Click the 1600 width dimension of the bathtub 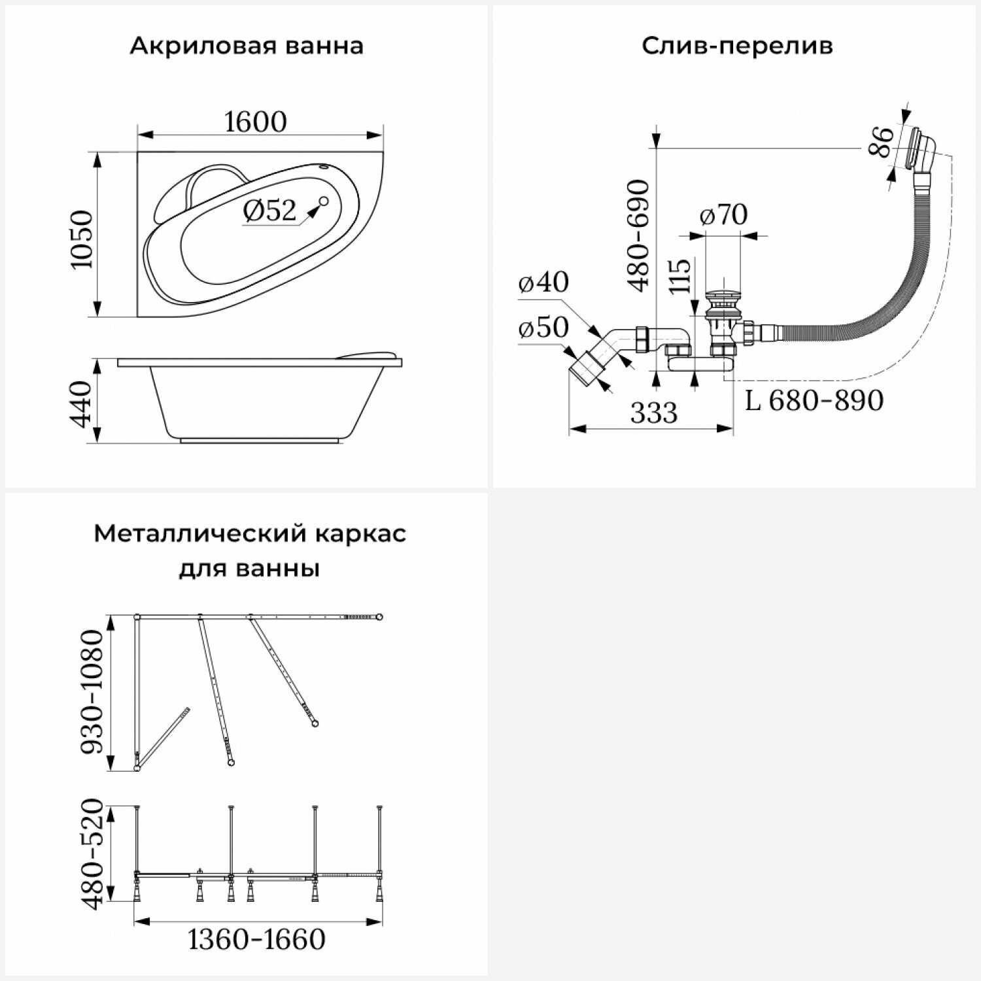coord(256,122)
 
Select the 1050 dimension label coord(82,239)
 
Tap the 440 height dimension coord(82,404)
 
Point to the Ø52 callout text coord(270,210)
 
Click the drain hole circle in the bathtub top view coord(323,201)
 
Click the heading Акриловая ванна coord(247,46)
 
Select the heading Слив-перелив coord(737,46)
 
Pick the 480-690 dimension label coord(639,235)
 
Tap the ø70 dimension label coord(723,215)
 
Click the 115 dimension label coord(681,275)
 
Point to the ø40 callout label coord(543,282)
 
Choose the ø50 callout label coord(543,327)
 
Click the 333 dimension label coord(654,413)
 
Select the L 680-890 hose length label coord(814,400)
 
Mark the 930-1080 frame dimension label coord(92,692)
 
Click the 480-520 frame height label coord(92,853)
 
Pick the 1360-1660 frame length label coord(256,940)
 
